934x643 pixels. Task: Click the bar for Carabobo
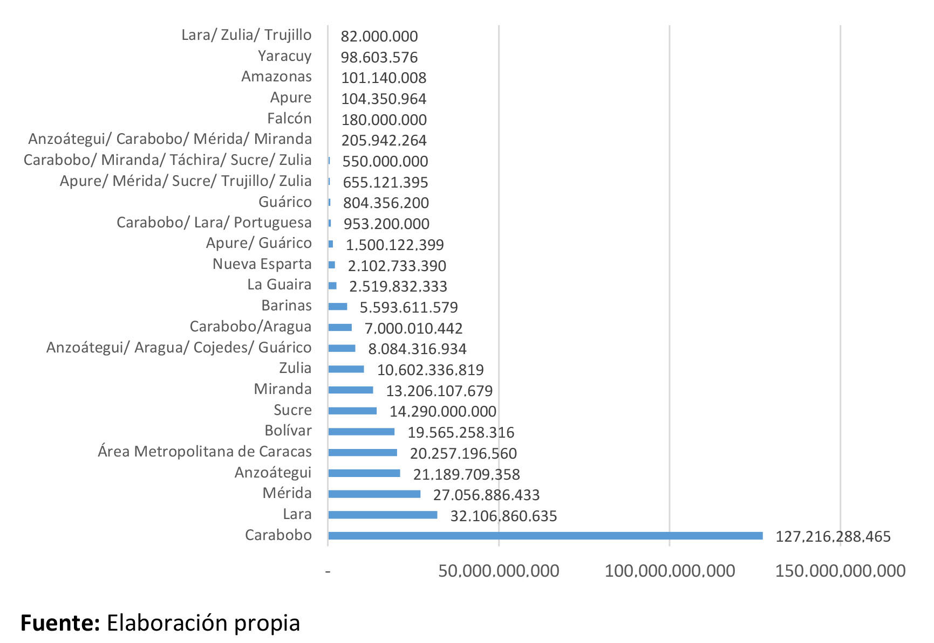coord(545,536)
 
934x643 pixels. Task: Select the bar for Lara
coord(383,515)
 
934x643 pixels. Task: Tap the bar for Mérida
coord(374,494)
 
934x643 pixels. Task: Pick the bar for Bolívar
coord(361,431)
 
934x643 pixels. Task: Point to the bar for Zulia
coord(346,369)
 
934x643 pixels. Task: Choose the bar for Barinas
coord(338,307)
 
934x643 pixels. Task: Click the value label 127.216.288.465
coord(833,537)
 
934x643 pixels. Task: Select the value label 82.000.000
coord(379,37)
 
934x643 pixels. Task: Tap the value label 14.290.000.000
coord(443,412)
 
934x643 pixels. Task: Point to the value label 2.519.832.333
coord(398,287)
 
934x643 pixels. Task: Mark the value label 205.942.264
coord(384,141)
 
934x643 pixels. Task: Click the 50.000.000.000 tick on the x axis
coord(499,571)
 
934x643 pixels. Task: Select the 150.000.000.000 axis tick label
coord(840,571)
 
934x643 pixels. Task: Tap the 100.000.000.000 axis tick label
coord(670,571)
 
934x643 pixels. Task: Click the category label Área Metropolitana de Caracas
coord(204,452)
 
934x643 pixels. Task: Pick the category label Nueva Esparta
coord(262,264)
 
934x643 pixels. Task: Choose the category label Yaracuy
coord(284,56)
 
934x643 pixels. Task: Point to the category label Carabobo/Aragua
coord(250,327)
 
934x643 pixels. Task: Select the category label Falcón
coord(289,119)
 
